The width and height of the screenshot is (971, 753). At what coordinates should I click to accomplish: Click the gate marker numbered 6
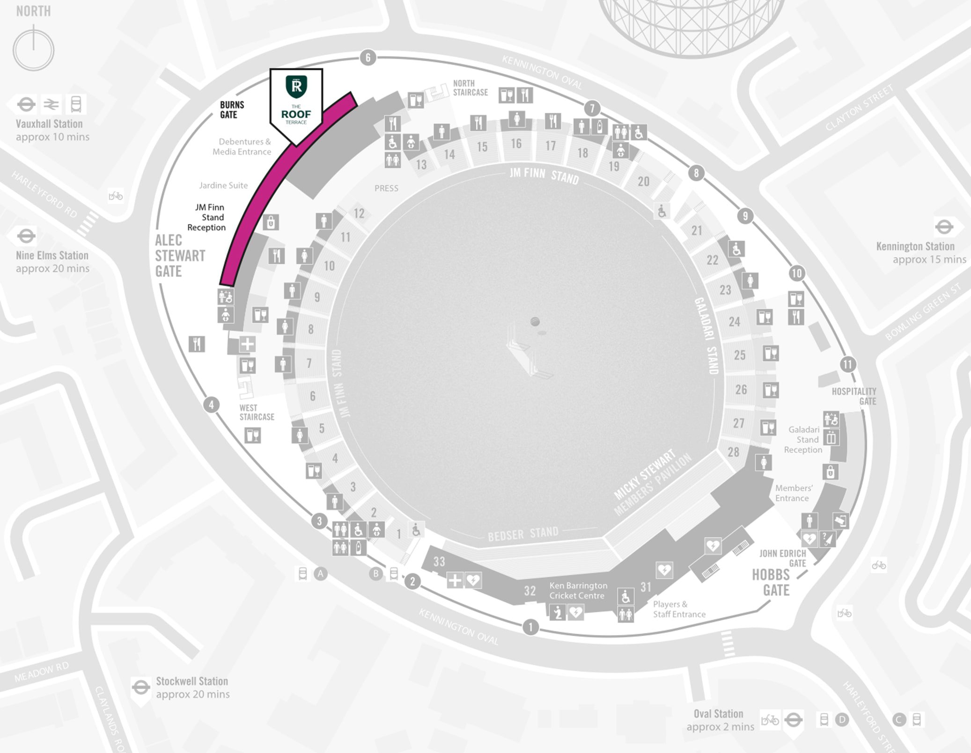(368, 58)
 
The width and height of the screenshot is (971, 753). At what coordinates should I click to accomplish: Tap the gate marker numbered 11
(848, 364)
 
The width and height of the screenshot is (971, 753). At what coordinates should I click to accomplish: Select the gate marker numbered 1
(530, 627)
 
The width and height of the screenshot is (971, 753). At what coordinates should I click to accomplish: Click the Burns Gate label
(232, 109)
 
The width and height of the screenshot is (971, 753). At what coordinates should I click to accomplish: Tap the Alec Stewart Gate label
(180, 255)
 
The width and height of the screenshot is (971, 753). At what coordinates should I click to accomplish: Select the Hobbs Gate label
(771, 582)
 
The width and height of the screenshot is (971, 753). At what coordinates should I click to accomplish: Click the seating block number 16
(516, 144)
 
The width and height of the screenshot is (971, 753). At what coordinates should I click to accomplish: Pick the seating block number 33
(439, 561)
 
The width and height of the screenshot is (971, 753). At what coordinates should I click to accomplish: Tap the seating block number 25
(740, 355)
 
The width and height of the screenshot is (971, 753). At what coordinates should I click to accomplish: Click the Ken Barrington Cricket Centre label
(578, 590)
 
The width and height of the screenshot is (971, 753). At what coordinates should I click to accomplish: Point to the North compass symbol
(33, 49)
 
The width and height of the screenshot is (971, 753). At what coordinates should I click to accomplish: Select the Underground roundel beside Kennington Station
(944, 227)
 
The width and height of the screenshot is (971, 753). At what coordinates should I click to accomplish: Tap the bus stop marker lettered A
(320, 573)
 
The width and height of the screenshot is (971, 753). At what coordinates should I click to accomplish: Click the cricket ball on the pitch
(535, 321)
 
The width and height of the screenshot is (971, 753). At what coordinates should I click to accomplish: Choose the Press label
(386, 188)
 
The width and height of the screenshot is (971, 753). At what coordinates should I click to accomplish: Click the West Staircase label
(257, 412)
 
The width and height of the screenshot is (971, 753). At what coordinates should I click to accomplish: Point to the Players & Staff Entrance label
(679, 609)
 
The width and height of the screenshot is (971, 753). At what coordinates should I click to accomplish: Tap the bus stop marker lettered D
(842, 719)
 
